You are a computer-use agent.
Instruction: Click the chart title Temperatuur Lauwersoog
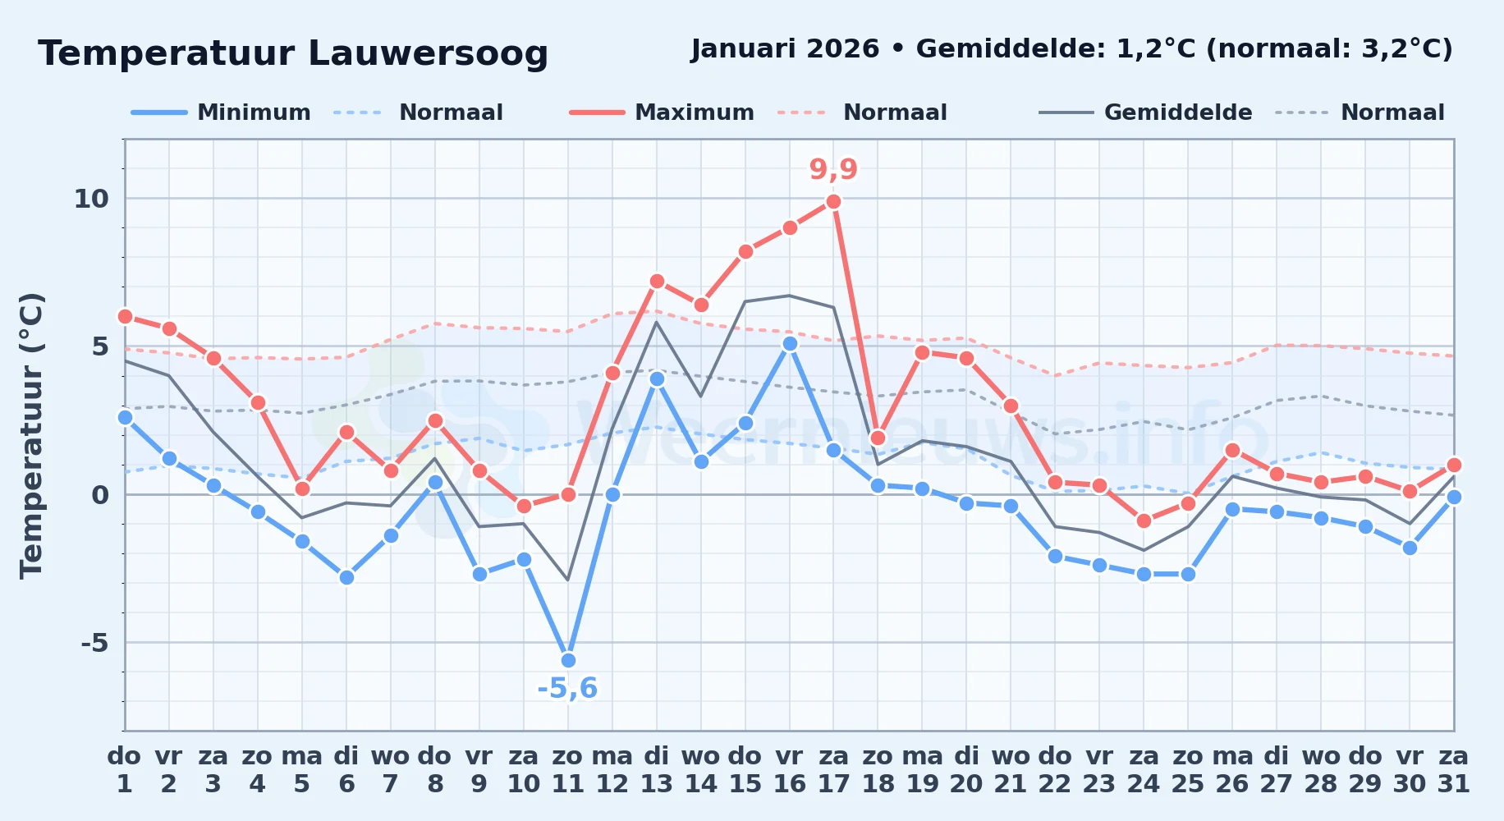pos(293,53)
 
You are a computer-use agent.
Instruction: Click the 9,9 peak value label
pos(833,169)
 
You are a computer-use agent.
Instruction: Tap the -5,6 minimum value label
pos(567,688)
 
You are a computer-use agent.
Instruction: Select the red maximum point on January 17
pos(833,201)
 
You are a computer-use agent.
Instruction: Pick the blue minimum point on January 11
pos(568,660)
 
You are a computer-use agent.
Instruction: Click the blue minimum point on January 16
pos(790,343)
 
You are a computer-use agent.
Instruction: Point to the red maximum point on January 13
pos(657,281)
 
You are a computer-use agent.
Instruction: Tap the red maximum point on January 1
pos(125,316)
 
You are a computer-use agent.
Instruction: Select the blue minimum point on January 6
pos(346,577)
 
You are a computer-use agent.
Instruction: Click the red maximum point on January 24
pos(1144,521)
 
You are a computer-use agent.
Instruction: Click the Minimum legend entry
pos(221,112)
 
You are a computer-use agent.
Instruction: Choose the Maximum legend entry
pos(662,112)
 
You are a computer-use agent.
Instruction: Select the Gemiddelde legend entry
pos(1146,112)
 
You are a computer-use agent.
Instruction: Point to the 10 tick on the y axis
pos(91,199)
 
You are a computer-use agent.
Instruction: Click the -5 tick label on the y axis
pos(94,643)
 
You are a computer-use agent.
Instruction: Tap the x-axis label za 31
pos(1453,770)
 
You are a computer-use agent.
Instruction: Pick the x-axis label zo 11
pos(567,770)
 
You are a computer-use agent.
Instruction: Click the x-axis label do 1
pos(125,770)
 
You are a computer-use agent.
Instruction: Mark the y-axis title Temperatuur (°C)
pos(31,435)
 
